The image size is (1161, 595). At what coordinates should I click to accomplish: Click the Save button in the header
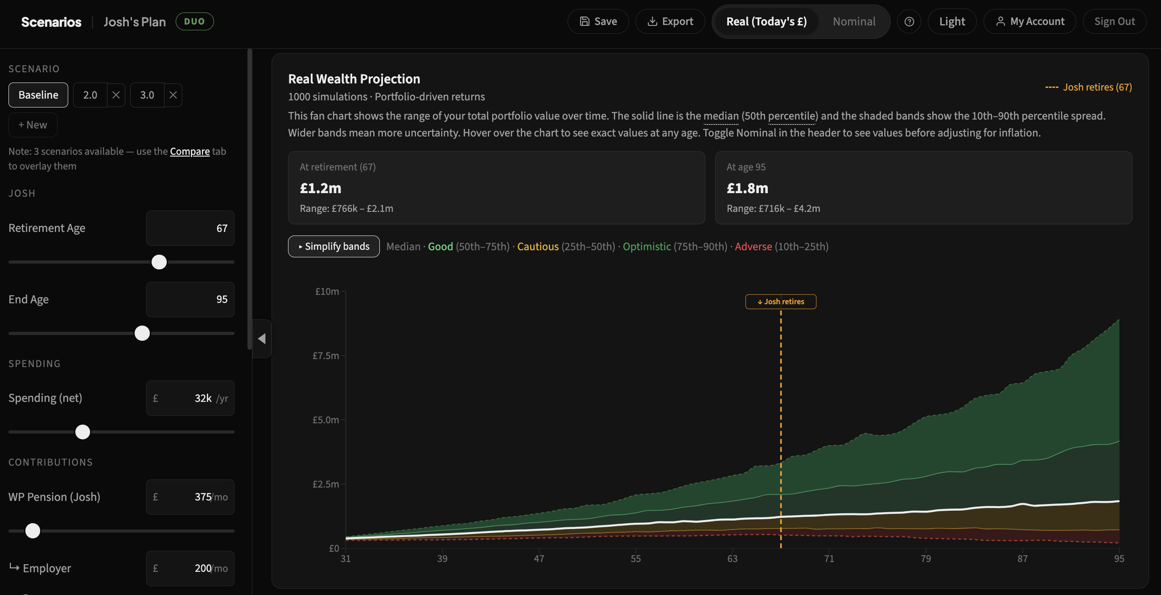pos(597,22)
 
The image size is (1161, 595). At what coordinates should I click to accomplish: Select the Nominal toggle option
pos(854,22)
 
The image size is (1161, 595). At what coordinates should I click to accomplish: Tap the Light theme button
pos(952,22)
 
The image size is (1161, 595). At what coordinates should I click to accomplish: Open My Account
pos(1029,22)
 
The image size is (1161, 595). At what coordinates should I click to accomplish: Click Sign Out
pos(1114,22)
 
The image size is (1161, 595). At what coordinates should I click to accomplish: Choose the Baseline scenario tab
pos(38,95)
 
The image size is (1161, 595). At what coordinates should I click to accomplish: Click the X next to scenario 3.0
pos(173,95)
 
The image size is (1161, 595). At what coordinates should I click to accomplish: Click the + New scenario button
pos(33,125)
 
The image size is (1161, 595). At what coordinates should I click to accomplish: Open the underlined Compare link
pos(190,152)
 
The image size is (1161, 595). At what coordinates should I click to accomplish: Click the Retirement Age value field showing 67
pos(190,228)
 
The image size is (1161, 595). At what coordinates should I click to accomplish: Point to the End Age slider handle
pos(142,334)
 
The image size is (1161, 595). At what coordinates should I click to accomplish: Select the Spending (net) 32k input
pos(190,398)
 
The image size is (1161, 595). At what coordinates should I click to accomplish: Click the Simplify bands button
pos(333,247)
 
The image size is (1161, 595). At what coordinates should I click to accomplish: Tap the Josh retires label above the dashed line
pos(781,302)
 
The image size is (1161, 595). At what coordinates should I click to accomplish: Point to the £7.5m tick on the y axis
pos(326,355)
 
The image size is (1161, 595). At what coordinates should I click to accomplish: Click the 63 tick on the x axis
pos(733,558)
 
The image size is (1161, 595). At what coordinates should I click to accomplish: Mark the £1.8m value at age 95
pos(747,188)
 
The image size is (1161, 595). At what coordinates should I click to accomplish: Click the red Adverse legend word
pos(753,247)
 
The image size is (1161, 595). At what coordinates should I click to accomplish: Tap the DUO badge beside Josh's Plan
pos(195,22)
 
